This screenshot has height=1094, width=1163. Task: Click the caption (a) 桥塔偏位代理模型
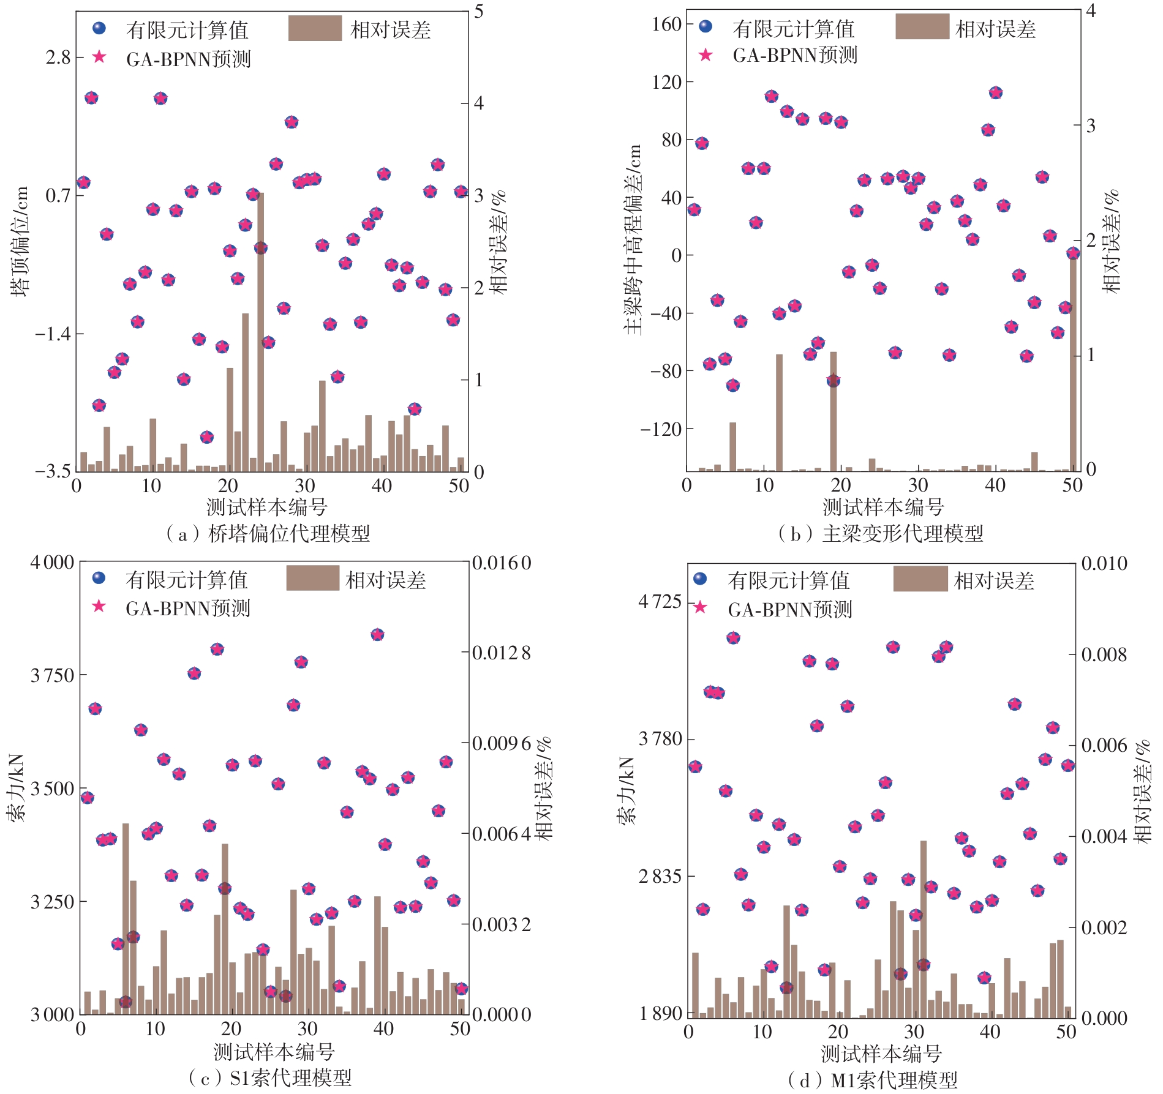pyautogui.click(x=268, y=534)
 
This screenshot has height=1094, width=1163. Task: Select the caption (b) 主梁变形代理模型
pyautogui.click(x=881, y=534)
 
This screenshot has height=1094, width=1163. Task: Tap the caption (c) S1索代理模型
pyautogui.click(x=270, y=1077)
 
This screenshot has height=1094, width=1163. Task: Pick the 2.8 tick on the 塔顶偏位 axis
pyautogui.click(x=58, y=58)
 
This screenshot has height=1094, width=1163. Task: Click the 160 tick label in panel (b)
pyautogui.click(x=666, y=24)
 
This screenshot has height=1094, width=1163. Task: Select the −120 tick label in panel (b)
pyautogui.click(x=661, y=429)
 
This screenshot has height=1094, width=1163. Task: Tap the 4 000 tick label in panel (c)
pyautogui.click(x=52, y=562)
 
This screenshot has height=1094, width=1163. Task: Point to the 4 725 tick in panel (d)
pyautogui.click(x=660, y=602)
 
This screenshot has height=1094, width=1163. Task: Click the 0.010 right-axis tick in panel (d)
pyautogui.click(x=1104, y=563)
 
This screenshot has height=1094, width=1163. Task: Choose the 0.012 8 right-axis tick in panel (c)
pyautogui.click(x=502, y=653)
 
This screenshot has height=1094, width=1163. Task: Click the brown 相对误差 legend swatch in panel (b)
pyautogui.click(x=922, y=26)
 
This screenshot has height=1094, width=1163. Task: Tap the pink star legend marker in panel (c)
pyautogui.click(x=99, y=606)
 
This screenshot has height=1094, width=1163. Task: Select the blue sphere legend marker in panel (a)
pyautogui.click(x=99, y=28)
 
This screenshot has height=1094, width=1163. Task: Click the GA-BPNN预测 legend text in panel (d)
pyautogui.click(x=790, y=610)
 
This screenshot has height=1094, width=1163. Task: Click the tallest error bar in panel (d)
pyautogui.click(x=923, y=931)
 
